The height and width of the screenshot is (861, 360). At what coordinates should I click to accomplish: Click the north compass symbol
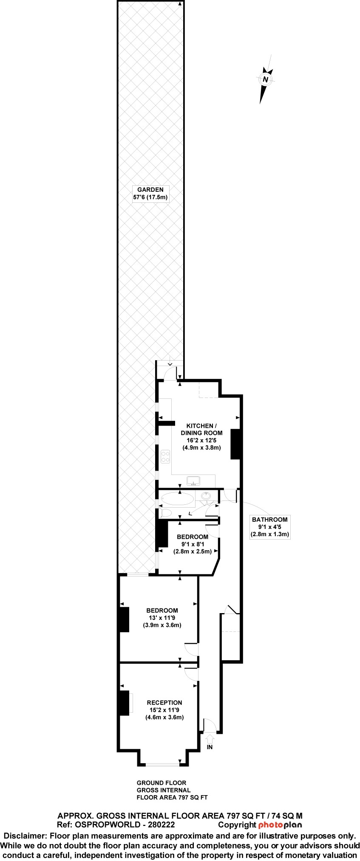pos(266,80)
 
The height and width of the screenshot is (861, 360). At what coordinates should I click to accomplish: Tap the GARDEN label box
pos(150,194)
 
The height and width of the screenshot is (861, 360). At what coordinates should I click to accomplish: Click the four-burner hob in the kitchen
pos(165,457)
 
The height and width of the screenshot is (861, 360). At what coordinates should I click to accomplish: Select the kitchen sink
pos(194,481)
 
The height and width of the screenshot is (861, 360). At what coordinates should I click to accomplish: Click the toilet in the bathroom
pos(164,513)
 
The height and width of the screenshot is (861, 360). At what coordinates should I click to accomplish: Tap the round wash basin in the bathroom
pos(206,496)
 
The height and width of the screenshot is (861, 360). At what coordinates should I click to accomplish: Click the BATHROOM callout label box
pos(270,527)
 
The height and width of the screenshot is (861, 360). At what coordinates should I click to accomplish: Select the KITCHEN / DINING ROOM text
pos(201,429)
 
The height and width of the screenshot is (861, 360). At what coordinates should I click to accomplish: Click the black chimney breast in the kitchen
pos(235,444)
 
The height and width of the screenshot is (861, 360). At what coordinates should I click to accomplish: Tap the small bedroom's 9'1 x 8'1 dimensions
pos(193,544)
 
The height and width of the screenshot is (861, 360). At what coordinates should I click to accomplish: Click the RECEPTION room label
pos(164,703)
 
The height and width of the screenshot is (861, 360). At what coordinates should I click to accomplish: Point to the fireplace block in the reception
pos(124,703)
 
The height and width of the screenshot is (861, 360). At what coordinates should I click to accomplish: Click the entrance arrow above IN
pos(210,739)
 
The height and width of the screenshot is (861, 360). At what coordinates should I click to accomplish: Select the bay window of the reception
pos(163,764)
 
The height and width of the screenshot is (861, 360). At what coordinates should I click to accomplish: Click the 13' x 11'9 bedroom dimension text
pos(162,618)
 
